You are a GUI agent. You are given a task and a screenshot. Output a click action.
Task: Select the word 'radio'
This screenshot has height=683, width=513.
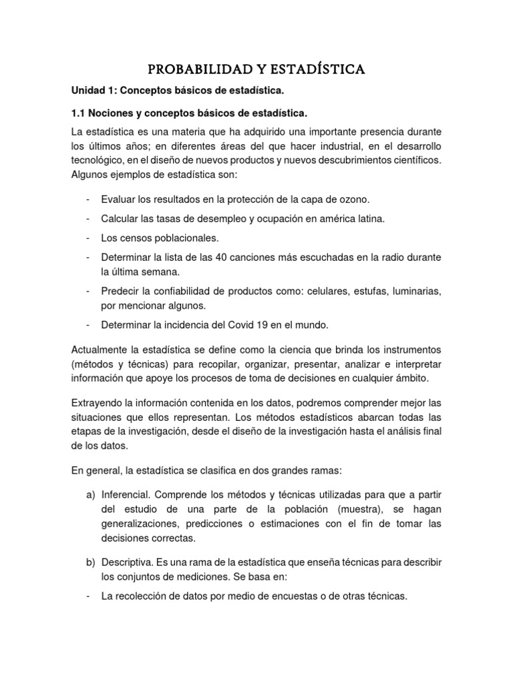tap(400, 257)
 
